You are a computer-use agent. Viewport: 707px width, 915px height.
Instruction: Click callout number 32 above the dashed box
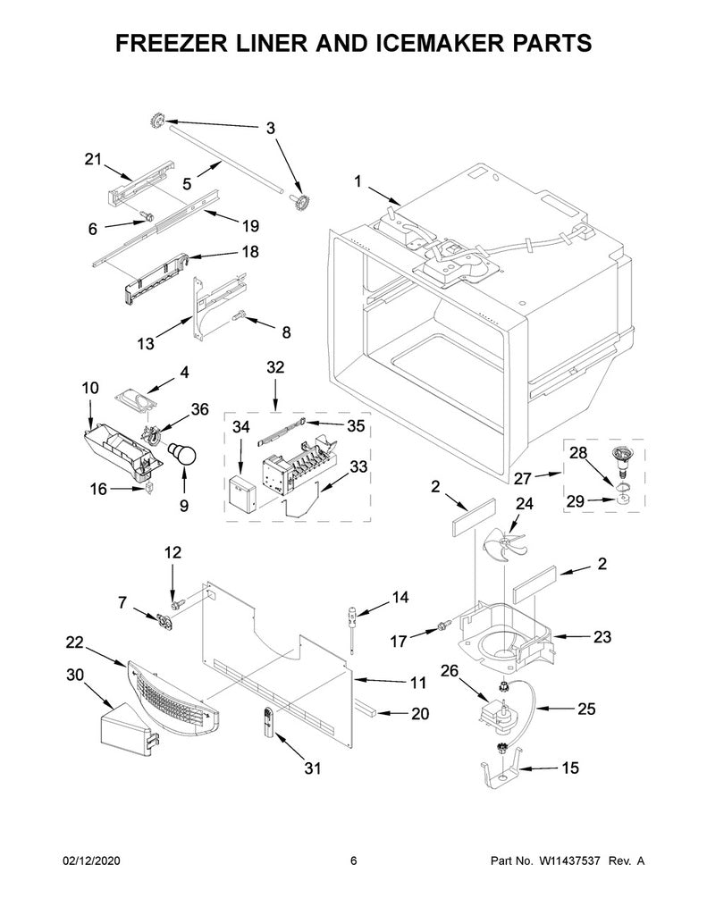pos(275,367)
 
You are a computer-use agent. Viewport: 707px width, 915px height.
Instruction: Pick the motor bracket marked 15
pos(501,771)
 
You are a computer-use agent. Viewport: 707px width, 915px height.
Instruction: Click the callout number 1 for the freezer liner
pos(358,181)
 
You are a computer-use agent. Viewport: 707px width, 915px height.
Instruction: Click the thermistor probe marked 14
pos(353,630)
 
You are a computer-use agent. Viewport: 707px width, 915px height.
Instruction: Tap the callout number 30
pos(75,676)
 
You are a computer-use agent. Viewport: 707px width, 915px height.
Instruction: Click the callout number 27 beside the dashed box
pos(523,479)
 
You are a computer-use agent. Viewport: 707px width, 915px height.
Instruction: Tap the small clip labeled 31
pos(268,724)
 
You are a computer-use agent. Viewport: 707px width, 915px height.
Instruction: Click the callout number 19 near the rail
pos(250,226)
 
